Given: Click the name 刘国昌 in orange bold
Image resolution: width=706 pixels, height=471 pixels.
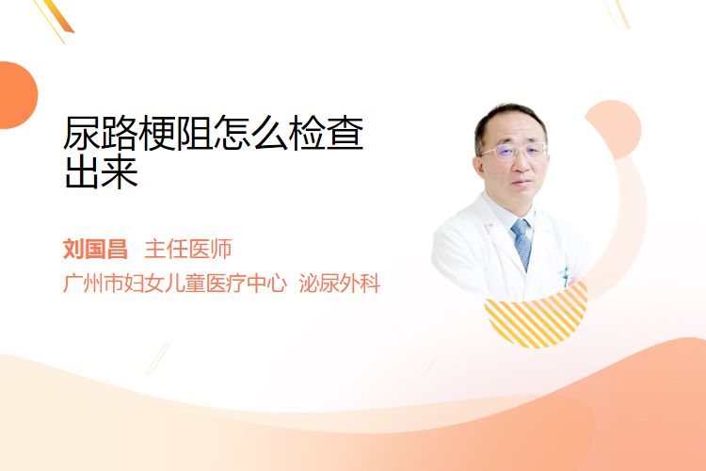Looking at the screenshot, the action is tap(95, 249).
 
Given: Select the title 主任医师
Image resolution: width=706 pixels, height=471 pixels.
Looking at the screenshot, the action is tap(188, 249).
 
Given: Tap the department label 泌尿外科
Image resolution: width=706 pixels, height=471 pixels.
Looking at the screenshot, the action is tap(340, 283).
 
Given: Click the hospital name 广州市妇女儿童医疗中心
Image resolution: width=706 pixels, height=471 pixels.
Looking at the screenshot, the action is tap(175, 283).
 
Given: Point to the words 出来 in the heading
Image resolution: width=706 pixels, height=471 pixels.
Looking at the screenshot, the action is tap(102, 172).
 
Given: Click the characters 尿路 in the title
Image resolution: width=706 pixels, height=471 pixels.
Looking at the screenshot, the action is tap(101, 134).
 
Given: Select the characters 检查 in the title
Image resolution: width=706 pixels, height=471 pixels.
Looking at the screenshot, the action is tap(327, 134).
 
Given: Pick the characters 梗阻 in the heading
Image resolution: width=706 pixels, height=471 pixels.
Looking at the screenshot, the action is tap(176, 134).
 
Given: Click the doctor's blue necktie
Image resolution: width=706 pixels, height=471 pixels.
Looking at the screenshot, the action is tap(521, 244).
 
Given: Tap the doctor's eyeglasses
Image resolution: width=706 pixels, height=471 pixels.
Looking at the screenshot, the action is tap(513, 151).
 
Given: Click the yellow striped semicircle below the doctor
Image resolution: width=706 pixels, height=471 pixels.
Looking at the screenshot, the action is tap(537, 316).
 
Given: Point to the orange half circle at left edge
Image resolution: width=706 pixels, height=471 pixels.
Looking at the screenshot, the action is tap(17, 95).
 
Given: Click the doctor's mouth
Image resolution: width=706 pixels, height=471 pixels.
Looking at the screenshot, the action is tap(522, 183).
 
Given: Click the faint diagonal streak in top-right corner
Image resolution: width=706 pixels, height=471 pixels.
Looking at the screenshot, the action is tap(618, 13).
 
